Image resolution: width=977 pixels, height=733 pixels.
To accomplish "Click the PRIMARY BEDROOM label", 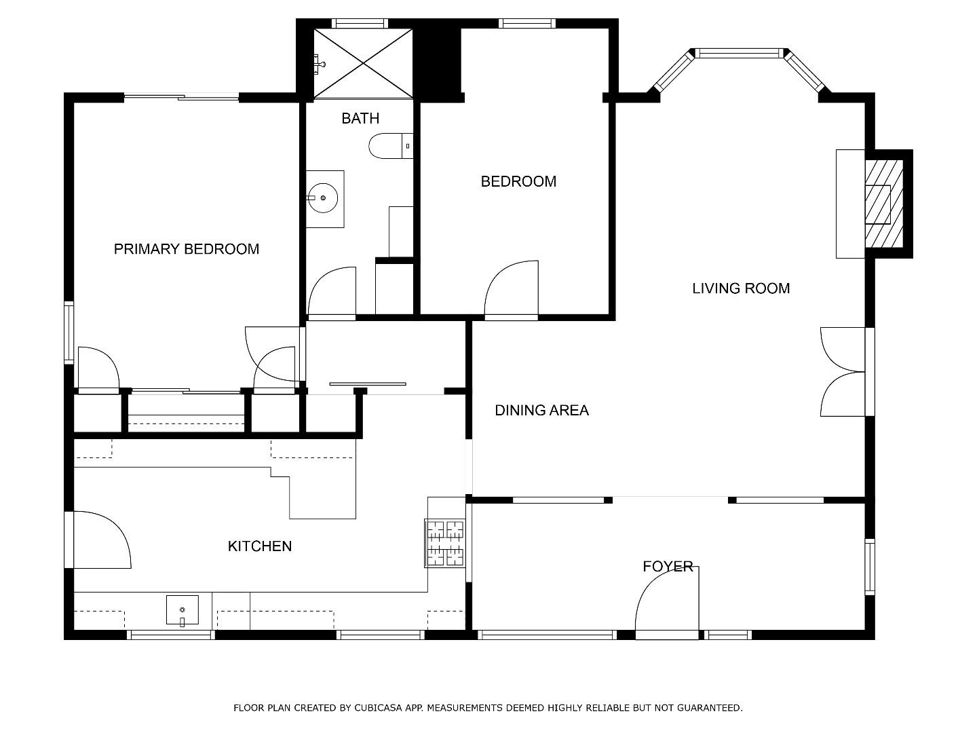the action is (x=187, y=249).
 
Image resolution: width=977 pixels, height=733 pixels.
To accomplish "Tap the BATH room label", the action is (x=360, y=118).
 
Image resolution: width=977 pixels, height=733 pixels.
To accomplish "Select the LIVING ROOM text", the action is (x=741, y=288).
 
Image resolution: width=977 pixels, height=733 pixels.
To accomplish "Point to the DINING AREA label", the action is (x=541, y=410).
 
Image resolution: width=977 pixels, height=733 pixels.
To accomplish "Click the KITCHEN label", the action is (x=260, y=546).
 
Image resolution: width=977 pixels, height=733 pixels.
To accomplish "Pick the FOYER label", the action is (x=668, y=566).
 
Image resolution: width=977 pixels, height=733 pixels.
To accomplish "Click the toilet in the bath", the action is (x=391, y=145).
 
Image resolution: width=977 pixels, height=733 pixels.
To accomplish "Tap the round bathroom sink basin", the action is (x=323, y=198).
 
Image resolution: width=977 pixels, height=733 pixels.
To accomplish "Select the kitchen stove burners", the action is (x=445, y=544).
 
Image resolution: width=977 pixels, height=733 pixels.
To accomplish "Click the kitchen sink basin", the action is (x=183, y=609).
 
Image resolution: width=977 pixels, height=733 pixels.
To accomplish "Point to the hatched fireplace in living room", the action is (x=884, y=204).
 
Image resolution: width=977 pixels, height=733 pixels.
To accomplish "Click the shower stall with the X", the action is (x=363, y=63).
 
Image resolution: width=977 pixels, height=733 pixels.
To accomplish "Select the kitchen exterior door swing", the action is (x=102, y=540).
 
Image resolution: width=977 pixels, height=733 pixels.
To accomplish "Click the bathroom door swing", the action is (x=332, y=293).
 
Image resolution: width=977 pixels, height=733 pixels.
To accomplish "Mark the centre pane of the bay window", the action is (x=739, y=54).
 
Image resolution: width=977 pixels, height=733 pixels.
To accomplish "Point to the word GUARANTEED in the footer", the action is (x=710, y=708).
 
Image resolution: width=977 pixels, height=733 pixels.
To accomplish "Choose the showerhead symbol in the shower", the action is (x=320, y=64).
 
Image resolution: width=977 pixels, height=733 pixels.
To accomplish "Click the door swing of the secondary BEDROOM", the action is (x=512, y=289).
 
